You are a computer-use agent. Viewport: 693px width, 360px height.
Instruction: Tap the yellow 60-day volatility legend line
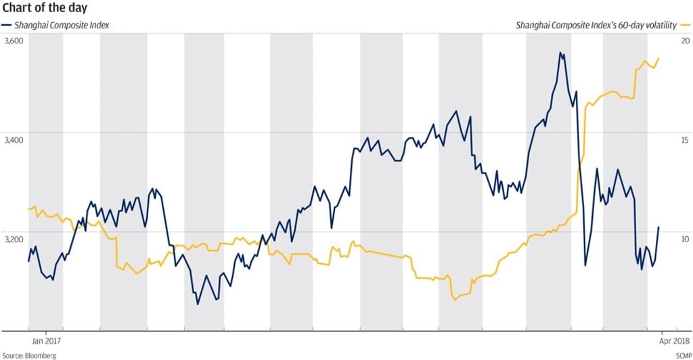tap(685, 25)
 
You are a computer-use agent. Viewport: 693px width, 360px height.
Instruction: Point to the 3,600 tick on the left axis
tap(14, 41)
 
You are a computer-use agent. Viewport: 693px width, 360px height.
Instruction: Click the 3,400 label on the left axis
tap(14, 140)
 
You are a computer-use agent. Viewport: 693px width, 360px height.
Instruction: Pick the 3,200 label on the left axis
tap(14, 239)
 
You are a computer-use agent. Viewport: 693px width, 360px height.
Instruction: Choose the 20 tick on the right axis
tap(685, 41)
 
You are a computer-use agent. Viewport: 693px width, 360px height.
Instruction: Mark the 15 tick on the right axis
tap(685, 140)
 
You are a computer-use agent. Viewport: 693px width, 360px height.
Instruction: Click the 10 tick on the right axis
tap(685, 239)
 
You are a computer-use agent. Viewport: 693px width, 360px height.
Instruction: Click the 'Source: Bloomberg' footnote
tap(28, 355)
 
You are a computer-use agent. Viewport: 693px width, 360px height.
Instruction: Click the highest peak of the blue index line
tap(560, 52)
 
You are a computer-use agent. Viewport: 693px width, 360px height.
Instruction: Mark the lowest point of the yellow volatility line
tap(455, 299)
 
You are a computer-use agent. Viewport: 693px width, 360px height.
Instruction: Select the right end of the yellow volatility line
tap(659, 58)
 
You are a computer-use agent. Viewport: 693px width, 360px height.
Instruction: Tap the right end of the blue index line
tap(659, 227)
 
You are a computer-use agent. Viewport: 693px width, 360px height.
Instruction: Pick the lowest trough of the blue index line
tap(198, 304)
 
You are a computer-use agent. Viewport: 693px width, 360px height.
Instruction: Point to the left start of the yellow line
tap(28, 208)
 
